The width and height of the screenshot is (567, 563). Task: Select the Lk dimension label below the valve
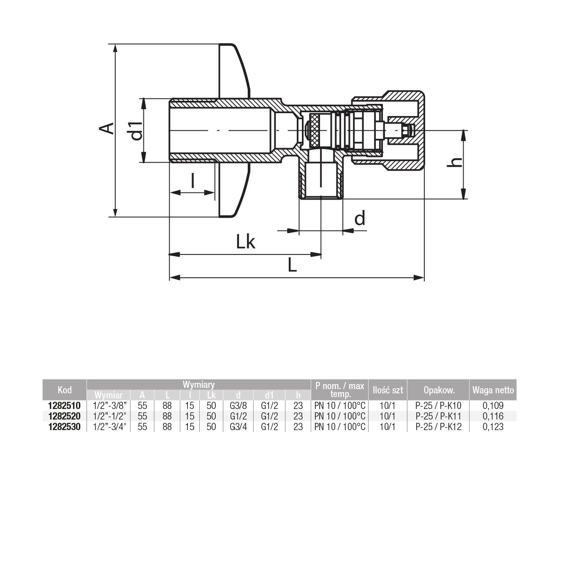(x=246, y=242)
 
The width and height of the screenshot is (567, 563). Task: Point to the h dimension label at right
(x=454, y=162)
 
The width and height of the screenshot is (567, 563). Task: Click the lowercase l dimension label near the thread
(x=193, y=180)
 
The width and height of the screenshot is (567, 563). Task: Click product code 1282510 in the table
(x=65, y=405)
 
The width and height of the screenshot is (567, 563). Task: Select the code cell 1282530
(x=65, y=427)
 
